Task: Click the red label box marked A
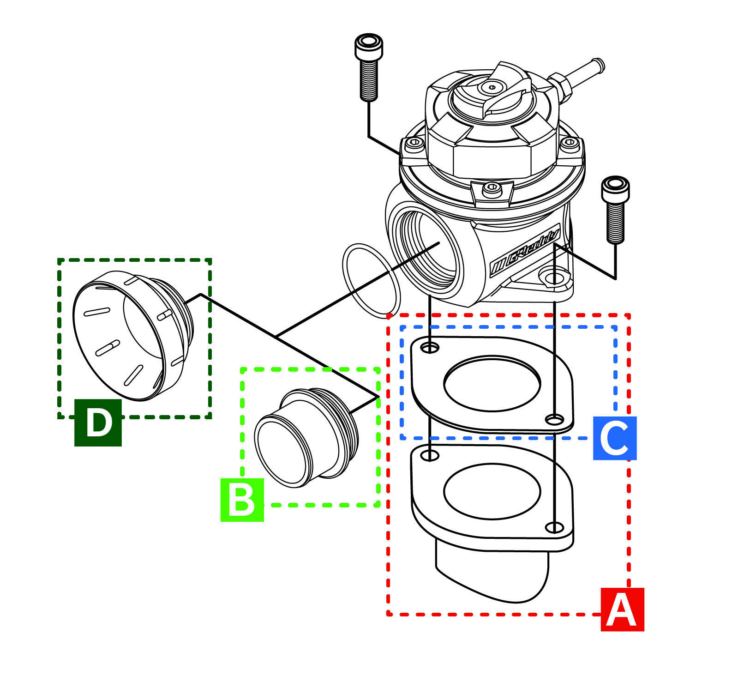[622, 609]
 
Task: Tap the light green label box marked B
[242, 500]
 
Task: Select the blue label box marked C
[614, 438]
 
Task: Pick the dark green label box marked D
[98, 422]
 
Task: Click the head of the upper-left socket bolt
[368, 44]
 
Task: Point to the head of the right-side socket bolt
[615, 186]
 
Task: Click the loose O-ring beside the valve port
[371, 281]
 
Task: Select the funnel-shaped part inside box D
[132, 335]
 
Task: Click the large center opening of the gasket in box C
[492, 383]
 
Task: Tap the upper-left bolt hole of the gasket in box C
[430, 347]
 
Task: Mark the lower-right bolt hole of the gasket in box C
[554, 420]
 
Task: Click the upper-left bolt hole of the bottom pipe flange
[430, 456]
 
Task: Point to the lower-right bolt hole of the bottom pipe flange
[554, 527]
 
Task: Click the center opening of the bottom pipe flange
[492, 491]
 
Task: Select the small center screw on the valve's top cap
[492, 87]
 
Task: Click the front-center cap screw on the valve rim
[492, 188]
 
